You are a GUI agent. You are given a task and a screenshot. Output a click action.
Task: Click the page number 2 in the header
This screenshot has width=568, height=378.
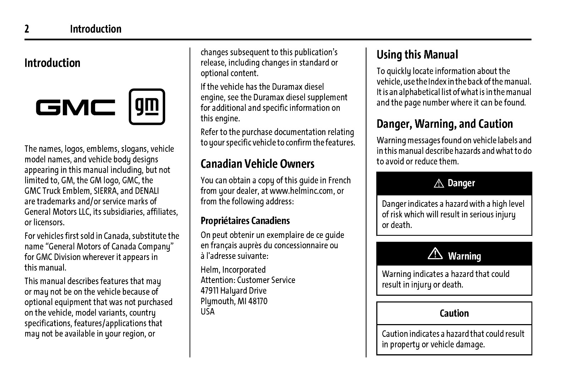(27, 29)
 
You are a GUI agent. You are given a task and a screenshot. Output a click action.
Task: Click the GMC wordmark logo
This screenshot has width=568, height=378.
(76, 107)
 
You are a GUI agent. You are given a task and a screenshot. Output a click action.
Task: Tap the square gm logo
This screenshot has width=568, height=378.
(147, 107)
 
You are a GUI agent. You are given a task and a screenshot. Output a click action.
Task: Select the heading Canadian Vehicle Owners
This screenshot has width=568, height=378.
(257, 164)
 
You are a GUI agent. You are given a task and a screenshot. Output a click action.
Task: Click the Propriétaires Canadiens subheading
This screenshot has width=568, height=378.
(245, 221)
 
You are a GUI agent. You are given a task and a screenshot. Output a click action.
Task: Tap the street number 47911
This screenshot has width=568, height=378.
(209, 290)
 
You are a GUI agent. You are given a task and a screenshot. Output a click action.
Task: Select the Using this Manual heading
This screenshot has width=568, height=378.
(417, 55)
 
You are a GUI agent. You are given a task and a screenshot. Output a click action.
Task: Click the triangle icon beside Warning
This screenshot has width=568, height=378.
(435, 254)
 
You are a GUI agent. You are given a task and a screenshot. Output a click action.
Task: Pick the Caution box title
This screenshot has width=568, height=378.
(454, 313)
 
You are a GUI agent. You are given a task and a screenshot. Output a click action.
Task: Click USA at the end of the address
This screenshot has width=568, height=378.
(208, 311)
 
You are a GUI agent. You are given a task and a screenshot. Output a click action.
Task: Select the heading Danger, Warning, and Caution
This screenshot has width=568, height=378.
(444, 124)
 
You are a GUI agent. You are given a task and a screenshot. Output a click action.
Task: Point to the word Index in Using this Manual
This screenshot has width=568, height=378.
(438, 82)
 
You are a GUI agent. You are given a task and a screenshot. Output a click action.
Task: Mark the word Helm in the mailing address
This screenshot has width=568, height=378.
(209, 269)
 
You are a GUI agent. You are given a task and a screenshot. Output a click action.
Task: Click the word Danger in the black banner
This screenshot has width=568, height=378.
(461, 183)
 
